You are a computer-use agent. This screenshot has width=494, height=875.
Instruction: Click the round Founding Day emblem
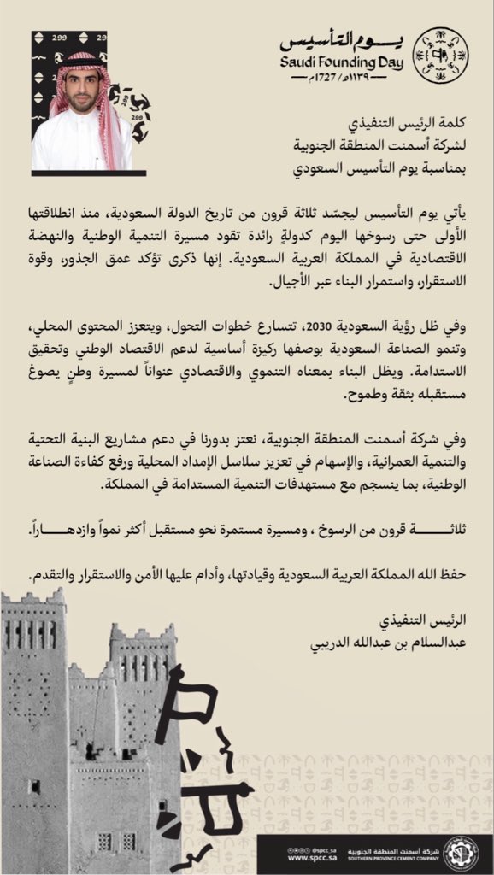(441, 55)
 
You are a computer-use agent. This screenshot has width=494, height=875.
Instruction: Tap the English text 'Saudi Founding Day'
(344, 62)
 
